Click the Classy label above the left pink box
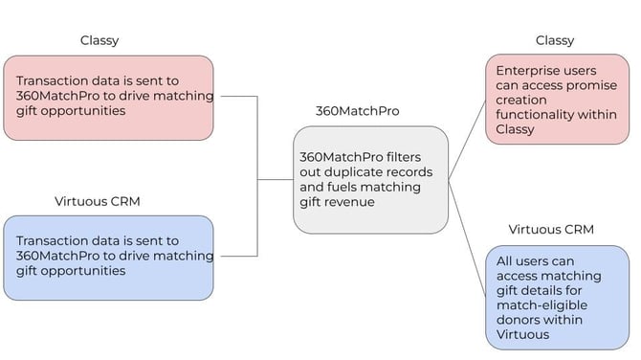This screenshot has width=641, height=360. click(99, 40)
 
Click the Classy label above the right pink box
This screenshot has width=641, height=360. click(554, 40)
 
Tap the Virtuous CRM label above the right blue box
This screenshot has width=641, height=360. click(550, 230)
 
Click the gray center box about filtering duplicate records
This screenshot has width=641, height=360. click(370, 179)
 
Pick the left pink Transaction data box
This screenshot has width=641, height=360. click(107, 97)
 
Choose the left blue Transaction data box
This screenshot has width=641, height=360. click(107, 257)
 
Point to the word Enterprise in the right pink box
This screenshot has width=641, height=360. click(529, 71)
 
